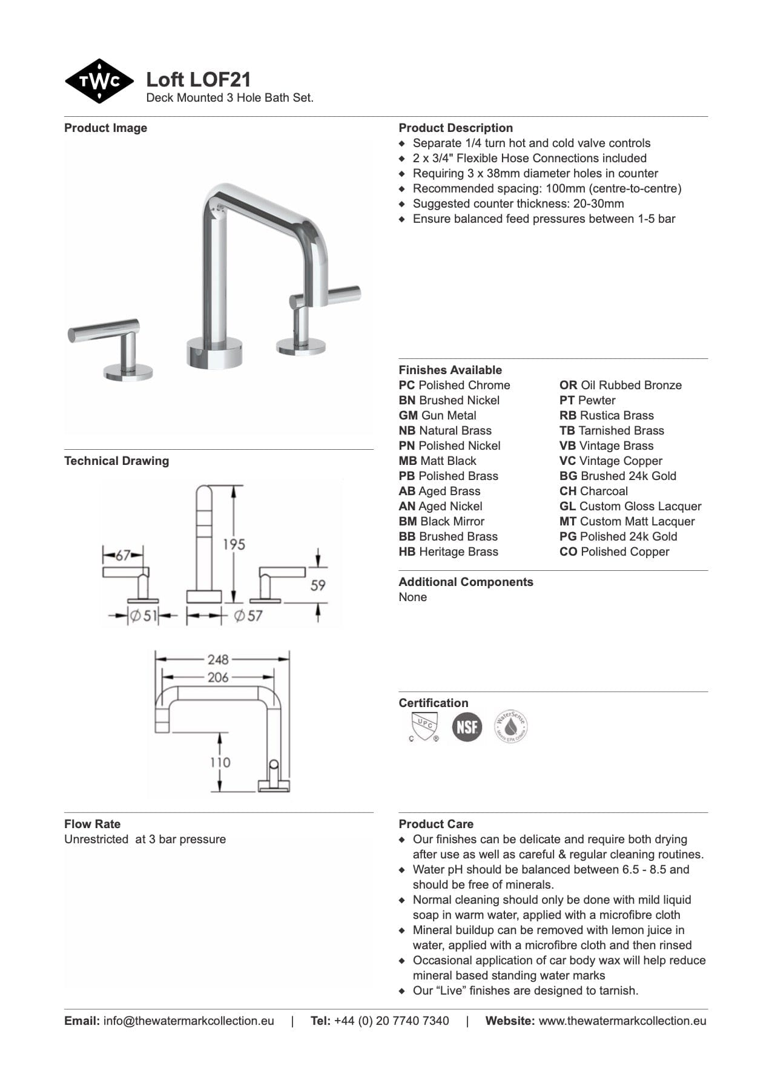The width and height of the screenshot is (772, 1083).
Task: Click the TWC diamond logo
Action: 99,81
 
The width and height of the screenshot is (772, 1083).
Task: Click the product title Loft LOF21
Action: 198,79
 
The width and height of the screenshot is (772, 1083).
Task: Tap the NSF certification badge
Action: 467,726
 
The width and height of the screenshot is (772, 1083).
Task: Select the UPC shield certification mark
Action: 424,726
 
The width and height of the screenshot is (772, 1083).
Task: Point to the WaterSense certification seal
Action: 510,726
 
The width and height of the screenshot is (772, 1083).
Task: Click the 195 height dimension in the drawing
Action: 233,544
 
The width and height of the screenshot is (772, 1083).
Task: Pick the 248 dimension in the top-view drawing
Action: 217,659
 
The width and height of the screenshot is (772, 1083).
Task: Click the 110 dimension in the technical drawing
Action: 220,762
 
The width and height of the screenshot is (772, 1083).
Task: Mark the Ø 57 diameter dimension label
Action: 248,616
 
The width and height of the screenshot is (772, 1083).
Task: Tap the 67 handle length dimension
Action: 123,555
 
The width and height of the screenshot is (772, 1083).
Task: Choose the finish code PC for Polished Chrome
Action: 406,385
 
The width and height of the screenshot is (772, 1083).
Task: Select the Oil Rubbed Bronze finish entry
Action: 621,385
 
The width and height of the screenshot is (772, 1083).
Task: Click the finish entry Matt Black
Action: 438,461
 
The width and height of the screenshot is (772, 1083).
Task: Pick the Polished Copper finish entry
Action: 615,551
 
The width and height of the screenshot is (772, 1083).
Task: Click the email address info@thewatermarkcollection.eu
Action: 188,1021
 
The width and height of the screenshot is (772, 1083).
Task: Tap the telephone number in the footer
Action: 391,1021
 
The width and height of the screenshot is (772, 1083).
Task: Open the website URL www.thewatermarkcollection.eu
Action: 622,1021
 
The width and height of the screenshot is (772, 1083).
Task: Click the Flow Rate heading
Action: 92,824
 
